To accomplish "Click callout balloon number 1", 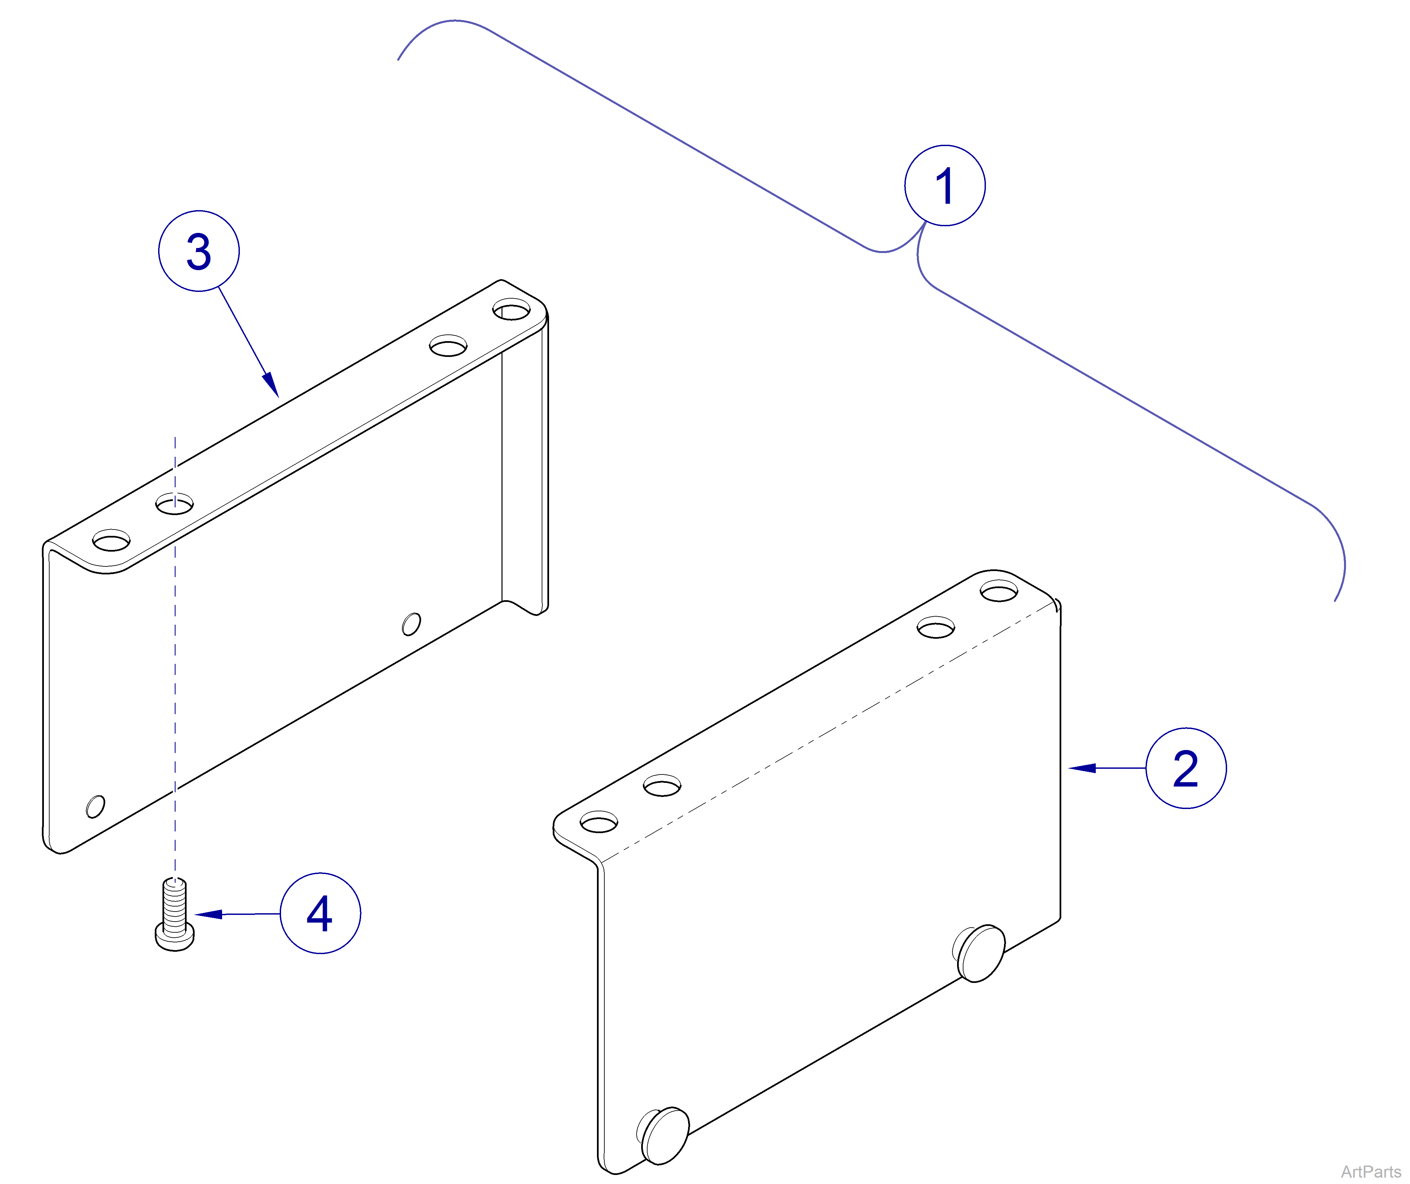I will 945,185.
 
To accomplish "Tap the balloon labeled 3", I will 199,251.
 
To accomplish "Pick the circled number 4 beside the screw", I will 320,913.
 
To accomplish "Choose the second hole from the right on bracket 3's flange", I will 449,347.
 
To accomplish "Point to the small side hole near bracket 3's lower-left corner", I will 95,807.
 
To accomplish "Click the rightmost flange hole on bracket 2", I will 999,591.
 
